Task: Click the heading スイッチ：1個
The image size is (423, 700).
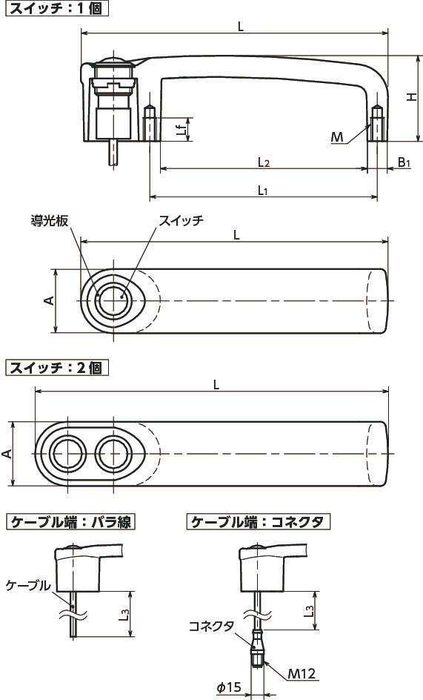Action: point(56,8)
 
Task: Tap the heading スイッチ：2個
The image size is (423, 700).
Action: point(56,368)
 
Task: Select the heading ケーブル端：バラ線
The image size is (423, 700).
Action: point(70,521)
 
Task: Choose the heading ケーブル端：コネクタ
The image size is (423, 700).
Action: point(259,521)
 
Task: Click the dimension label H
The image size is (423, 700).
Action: point(412,97)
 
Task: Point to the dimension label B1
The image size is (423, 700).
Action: point(404,162)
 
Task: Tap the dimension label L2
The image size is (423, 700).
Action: point(264,162)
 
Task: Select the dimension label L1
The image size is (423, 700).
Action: point(263,190)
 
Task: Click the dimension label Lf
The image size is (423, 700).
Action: point(181,130)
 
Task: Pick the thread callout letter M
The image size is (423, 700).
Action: point(337,136)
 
